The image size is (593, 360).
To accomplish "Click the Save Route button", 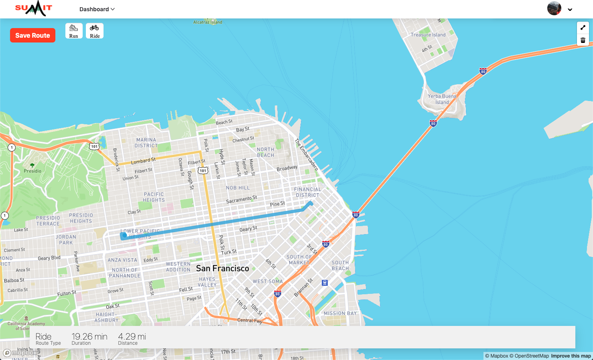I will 32,35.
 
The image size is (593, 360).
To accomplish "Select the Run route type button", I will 74,31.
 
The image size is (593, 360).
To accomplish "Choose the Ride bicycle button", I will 95,31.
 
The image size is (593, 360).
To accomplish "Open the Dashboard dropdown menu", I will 97,9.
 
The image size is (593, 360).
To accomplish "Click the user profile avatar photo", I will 554,8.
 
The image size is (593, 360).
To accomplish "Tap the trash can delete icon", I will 583,40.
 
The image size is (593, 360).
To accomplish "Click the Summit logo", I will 34,8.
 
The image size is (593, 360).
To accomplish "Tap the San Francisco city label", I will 222,268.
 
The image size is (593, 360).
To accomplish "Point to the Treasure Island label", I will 428,35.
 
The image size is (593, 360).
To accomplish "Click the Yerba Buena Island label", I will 442,99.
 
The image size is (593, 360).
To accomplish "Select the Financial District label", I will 307,192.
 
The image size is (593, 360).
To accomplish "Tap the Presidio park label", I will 32,171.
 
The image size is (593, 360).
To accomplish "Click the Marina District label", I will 146,143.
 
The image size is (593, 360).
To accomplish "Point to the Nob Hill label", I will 238,188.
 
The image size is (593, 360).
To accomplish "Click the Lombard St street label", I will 143,161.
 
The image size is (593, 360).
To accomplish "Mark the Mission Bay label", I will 340,313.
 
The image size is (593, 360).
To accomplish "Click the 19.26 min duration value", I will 89,336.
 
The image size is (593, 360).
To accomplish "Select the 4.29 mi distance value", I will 132,336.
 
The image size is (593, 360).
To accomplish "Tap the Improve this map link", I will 571,356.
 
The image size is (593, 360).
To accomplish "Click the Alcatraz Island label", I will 207,22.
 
